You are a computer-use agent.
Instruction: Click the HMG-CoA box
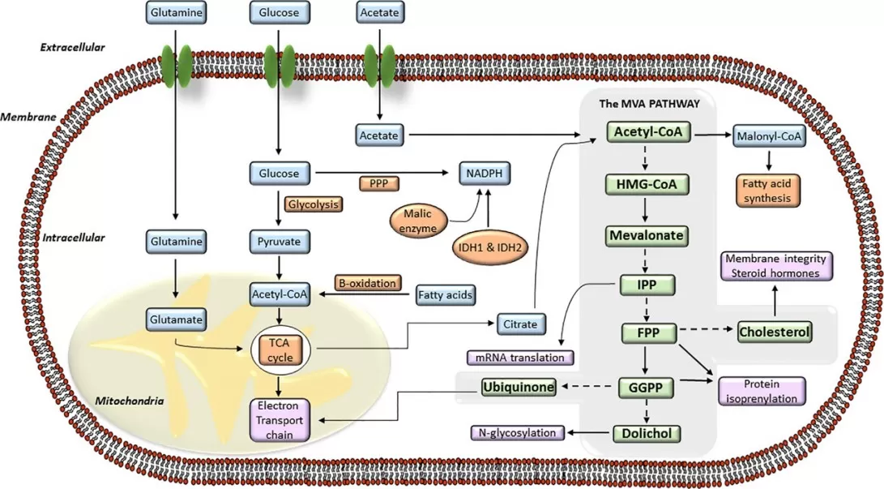pyautogui.click(x=645, y=185)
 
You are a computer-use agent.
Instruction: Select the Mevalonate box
pyautogui.click(x=646, y=236)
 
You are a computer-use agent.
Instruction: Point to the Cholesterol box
pyautogui.click(x=774, y=331)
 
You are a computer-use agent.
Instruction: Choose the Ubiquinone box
pyautogui.click(x=519, y=388)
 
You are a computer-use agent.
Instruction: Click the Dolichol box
pyautogui.click(x=646, y=433)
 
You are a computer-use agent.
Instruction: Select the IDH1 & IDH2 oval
pyautogui.click(x=489, y=242)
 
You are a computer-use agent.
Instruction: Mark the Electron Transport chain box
pyautogui.click(x=279, y=419)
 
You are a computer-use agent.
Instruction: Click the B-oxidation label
pyautogui.click(x=368, y=283)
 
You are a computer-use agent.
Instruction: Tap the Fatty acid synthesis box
pyautogui.click(x=767, y=190)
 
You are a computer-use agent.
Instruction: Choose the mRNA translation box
pyautogui.click(x=520, y=357)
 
